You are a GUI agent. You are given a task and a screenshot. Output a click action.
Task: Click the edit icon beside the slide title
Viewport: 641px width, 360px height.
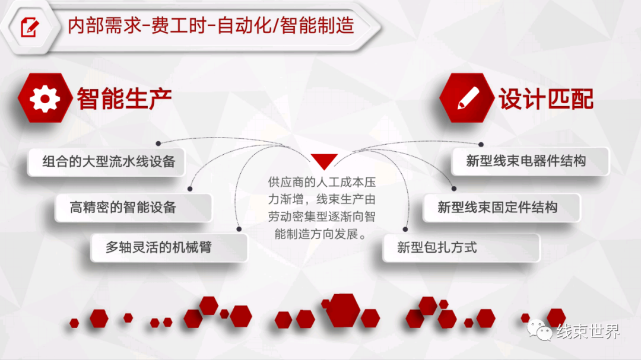pyautogui.click(x=30, y=27)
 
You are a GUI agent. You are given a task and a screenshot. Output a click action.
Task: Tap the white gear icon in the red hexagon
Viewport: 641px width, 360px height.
pyautogui.click(x=45, y=98)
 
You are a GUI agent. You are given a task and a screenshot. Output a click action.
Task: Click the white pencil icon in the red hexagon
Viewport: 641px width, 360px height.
pyautogui.click(x=468, y=98)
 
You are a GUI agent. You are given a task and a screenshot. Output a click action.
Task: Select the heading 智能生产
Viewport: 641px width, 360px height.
pyautogui.click(x=124, y=98)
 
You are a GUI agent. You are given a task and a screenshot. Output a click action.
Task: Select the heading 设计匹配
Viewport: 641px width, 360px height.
pyautogui.click(x=546, y=98)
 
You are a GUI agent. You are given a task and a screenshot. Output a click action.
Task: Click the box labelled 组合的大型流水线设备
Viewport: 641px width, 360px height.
pyautogui.click(x=106, y=162)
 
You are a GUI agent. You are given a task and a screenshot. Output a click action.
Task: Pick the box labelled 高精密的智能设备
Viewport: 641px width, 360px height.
pyautogui.click(x=134, y=208)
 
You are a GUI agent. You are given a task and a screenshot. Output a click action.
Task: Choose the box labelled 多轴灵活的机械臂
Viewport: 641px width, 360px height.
pyautogui.click(x=169, y=247)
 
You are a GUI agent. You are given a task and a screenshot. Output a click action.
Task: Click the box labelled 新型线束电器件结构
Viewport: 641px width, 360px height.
pyautogui.click(x=530, y=161)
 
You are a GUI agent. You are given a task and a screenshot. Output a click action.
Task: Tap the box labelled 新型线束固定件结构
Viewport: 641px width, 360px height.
pyautogui.click(x=502, y=208)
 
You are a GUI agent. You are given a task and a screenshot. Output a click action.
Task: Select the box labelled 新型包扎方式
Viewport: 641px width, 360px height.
pyautogui.click(x=461, y=248)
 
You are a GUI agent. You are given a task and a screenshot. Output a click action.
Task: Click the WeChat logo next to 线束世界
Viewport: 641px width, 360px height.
pyautogui.click(x=540, y=330)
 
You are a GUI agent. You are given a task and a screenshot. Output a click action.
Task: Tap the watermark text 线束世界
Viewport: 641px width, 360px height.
pyautogui.click(x=588, y=331)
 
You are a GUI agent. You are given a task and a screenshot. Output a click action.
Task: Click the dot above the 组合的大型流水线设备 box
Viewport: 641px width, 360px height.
pyautogui.click(x=158, y=144)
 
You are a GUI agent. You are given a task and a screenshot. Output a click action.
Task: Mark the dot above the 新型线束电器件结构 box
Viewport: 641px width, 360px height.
pyautogui.click(x=481, y=144)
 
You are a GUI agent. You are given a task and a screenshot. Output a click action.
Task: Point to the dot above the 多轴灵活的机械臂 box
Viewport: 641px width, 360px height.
pyautogui.click(x=239, y=230)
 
